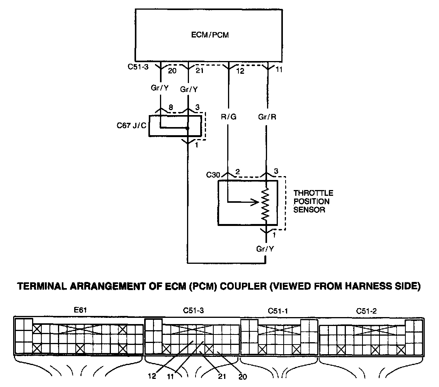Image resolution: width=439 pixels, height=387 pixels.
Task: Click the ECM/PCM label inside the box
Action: point(210,35)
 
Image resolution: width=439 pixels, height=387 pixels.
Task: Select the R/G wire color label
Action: point(228,117)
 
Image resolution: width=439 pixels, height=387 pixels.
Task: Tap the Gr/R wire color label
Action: point(267,117)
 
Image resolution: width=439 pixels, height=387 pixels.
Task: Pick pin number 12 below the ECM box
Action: point(240,71)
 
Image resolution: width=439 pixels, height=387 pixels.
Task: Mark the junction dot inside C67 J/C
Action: point(187,128)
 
